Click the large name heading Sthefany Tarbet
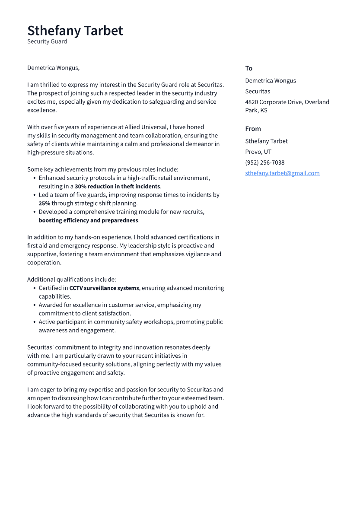point(75,31)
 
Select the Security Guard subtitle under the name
point(47,41)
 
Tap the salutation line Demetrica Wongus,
point(53,68)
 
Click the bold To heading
point(248,68)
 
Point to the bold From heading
point(253,129)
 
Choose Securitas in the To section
point(258,91)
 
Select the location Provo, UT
point(258,152)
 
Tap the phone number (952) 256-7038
point(264,162)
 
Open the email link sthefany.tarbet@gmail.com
point(282,173)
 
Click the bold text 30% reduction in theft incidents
point(117,187)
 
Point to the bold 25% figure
point(45,204)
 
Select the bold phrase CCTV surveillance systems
point(104,288)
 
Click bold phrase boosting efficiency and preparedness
point(89,220)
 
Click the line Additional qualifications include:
point(71,280)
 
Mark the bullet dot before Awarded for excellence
point(34,305)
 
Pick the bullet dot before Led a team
point(34,195)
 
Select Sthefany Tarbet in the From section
point(266,141)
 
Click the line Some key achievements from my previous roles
point(102,169)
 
